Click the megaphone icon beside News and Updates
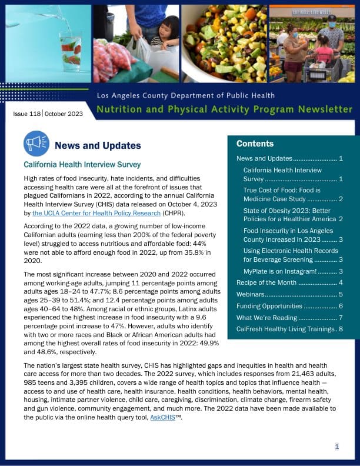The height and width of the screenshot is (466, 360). [x=36, y=144]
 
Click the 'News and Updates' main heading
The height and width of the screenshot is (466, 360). [x=98, y=146]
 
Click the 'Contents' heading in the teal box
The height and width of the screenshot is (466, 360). [x=255, y=144]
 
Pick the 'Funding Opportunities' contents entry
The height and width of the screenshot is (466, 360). [x=269, y=306]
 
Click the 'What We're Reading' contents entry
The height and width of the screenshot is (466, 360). [x=265, y=318]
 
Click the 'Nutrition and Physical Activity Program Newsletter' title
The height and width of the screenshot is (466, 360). [x=224, y=109]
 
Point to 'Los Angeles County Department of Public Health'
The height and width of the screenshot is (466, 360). [x=186, y=95]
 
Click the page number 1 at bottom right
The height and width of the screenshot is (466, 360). [x=337, y=447]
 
